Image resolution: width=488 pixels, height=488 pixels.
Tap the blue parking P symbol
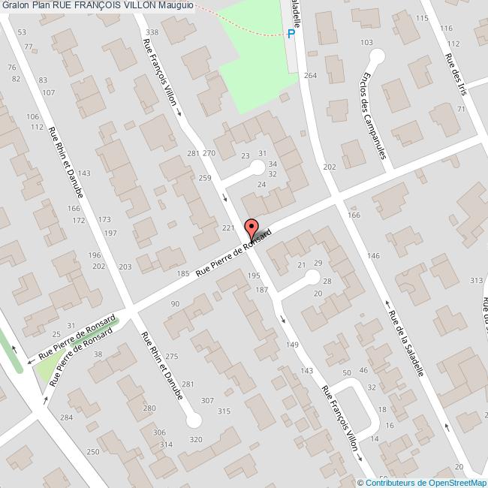(x=291, y=33)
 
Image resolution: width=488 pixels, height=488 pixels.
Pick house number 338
(x=152, y=32)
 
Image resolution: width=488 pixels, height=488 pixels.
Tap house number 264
(x=311, y=76)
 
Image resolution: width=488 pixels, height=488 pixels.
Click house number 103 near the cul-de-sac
(x=367, y=42)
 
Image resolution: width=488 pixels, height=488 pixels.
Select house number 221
(x=229, y=227)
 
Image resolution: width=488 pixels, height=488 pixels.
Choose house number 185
(x=183, y=274)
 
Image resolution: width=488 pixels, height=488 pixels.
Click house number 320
(x=196, y=439)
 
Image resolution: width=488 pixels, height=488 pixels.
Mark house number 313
(x=475, y=280)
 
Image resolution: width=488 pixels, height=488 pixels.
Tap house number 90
(x=175, y=304)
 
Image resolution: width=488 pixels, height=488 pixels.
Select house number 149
(x=292, y=345)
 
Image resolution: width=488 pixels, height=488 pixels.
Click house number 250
(x=93, y=451)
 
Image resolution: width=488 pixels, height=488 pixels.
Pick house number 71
(x=460, y=110)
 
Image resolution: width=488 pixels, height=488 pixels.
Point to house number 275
(x=173, y=356)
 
